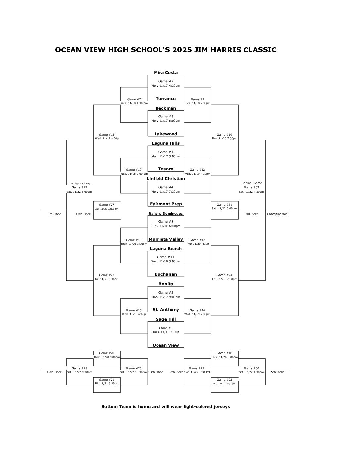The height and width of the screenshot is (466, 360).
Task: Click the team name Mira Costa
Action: point(166,73)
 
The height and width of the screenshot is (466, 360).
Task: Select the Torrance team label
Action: point(166,99)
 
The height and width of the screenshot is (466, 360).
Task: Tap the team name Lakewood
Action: point(166,134)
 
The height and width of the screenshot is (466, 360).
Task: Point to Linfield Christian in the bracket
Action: point(166,179)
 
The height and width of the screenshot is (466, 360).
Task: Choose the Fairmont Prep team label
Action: point(166,204)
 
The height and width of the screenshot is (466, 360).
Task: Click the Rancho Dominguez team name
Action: point(165,214)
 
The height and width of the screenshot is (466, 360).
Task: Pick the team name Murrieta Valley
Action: point(166,239)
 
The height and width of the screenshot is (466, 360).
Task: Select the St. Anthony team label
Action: point(166,310)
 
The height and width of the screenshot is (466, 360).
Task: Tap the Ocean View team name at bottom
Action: point(166,345)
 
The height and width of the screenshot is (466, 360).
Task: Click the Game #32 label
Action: point(251,187)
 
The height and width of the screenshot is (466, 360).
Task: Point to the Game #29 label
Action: point(79,187)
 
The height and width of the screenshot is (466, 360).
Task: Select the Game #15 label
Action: point(107,135)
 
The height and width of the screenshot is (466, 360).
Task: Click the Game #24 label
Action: point(224,275)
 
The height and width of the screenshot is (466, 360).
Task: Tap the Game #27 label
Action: point(107,205)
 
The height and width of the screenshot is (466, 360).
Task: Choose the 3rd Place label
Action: point(252,214)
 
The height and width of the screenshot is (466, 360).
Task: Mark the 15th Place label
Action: point(54,372)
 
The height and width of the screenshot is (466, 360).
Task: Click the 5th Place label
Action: point(277,372)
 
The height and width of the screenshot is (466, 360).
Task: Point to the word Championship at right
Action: point(277,214)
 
